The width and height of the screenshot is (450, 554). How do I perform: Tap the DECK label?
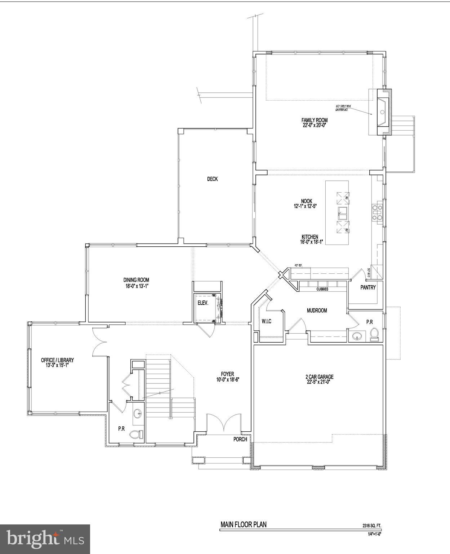pyautogui.click(x=212, y=179)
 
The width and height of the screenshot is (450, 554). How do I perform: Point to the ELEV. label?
pyautogui.click(x=203, y=303)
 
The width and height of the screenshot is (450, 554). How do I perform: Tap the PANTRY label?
pyautogui.click(x=368, y=287)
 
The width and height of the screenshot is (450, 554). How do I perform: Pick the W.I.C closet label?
pyautogui.click(x=266, y=321)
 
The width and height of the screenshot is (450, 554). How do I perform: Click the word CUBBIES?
pyautogui.click(x=322, y=289)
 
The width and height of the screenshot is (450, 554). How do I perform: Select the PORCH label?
pyautogui.click(x=240, y=439)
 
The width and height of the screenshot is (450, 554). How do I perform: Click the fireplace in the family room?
pyautogui.click(x=383, y=112)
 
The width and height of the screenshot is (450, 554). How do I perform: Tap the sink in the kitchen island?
pyautogui.click(x=343, y=214)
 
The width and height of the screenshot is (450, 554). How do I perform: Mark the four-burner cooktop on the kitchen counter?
pyautogui.click(x=377, y=212)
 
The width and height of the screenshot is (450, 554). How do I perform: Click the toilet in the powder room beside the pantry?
pyautogui.click(x=374, y=334)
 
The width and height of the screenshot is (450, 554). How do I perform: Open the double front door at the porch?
pyautogui.click(x=223, y=423)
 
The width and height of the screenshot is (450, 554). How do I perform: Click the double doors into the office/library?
pyautogui.click(x=99, y=342)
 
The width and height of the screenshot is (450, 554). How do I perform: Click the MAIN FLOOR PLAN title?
pyautogui.click(x=244, y=524)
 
